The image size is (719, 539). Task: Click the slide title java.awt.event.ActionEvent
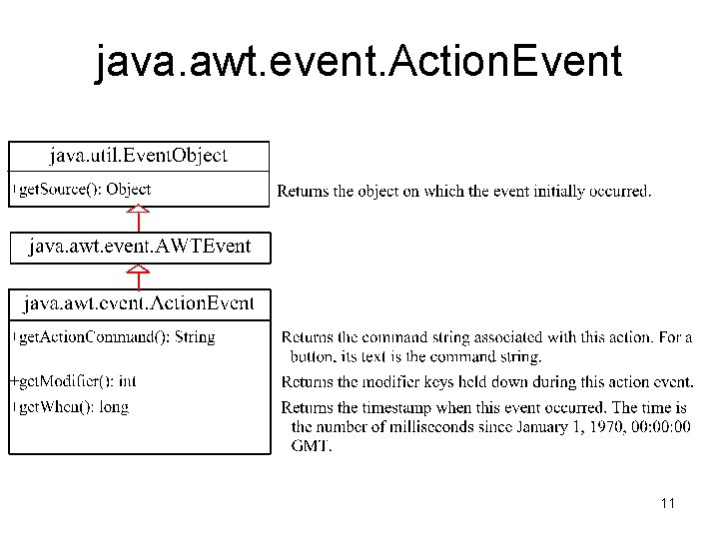[x=359, y=62]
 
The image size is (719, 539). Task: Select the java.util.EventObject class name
[x=139, y=156]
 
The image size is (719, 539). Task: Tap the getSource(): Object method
[x=85, y=189]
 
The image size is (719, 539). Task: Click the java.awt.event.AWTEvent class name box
[x=140, y=246]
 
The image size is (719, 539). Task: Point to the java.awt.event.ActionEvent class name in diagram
[x=139, y=302]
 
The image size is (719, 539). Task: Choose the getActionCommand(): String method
[x=117, y=336]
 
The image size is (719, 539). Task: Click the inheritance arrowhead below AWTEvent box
[x=139, y=269]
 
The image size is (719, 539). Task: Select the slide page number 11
[x=667, y=504]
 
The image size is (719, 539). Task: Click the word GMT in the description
[x=311, y=445]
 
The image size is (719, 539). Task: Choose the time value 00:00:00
[x=656, y=426]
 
